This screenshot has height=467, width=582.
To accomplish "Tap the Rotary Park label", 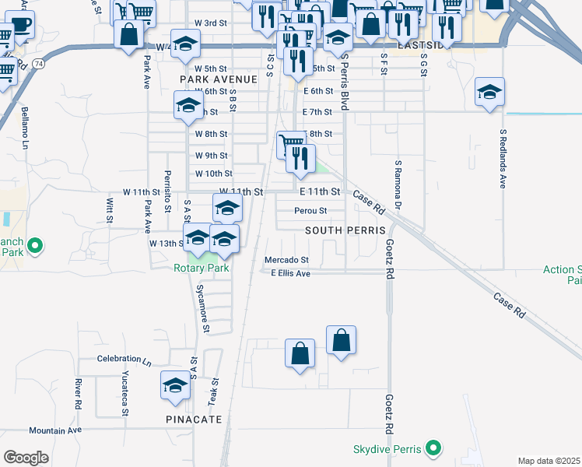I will point(201,268).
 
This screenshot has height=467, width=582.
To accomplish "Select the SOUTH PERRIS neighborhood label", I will point(345,231).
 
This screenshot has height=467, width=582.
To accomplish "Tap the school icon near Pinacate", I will point(176,385).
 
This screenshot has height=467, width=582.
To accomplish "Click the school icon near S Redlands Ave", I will point(489,93).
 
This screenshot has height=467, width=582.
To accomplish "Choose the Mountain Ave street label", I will point(55,430).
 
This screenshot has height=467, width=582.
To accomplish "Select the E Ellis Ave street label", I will point(291,273).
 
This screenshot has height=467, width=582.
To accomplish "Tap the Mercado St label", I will point(287,260).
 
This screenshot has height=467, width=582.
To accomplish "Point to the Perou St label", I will point(310,211).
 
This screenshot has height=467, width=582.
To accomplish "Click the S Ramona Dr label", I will point(398,185).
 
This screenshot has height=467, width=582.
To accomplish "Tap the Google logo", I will point(26,458).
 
